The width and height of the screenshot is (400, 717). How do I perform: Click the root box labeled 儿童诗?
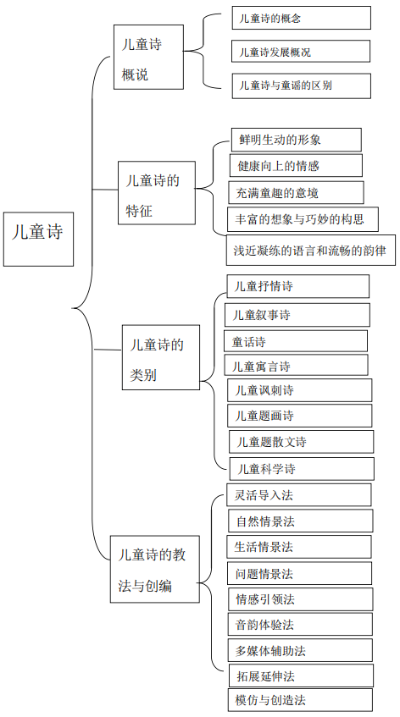click(x=38, y=239)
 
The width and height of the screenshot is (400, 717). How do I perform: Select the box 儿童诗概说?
click(x=149, y=58)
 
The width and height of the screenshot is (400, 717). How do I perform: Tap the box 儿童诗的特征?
click(x=157, y=192)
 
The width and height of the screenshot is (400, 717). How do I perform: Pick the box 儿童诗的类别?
click(x=161, y=357)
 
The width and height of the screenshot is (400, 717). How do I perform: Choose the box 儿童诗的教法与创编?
click(x=155, y=569)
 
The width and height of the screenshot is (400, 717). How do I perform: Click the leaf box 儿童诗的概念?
click(x=301, y=18)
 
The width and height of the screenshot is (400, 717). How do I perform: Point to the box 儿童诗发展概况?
click(x=301, y=51)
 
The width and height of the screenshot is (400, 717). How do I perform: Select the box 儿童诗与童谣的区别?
click(x=301, y=85)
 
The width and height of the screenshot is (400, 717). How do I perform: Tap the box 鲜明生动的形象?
click(x=296, y=140)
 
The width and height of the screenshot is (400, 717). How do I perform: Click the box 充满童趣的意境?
click(x=296, y=192)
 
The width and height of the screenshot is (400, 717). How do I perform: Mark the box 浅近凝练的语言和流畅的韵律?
click(x=311, y=250)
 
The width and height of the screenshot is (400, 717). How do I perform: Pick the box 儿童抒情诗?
click(x=298, y=286)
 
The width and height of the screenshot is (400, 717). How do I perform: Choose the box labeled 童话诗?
click(x=296, y=341)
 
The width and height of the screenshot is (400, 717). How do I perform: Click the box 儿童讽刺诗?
click(x=300, y=390)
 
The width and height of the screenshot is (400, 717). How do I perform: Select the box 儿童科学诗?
click(x=302, y=469)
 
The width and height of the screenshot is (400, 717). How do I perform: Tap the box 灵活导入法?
click(x=299, y=494)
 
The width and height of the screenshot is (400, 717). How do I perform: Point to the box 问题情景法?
click(x=299, y=573)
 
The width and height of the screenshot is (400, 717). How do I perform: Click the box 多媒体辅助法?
click(x=300, y=650)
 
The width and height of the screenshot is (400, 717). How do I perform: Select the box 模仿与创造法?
click(x=300, y=699)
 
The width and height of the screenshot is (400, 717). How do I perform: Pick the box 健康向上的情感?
click(x=296, y=166)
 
